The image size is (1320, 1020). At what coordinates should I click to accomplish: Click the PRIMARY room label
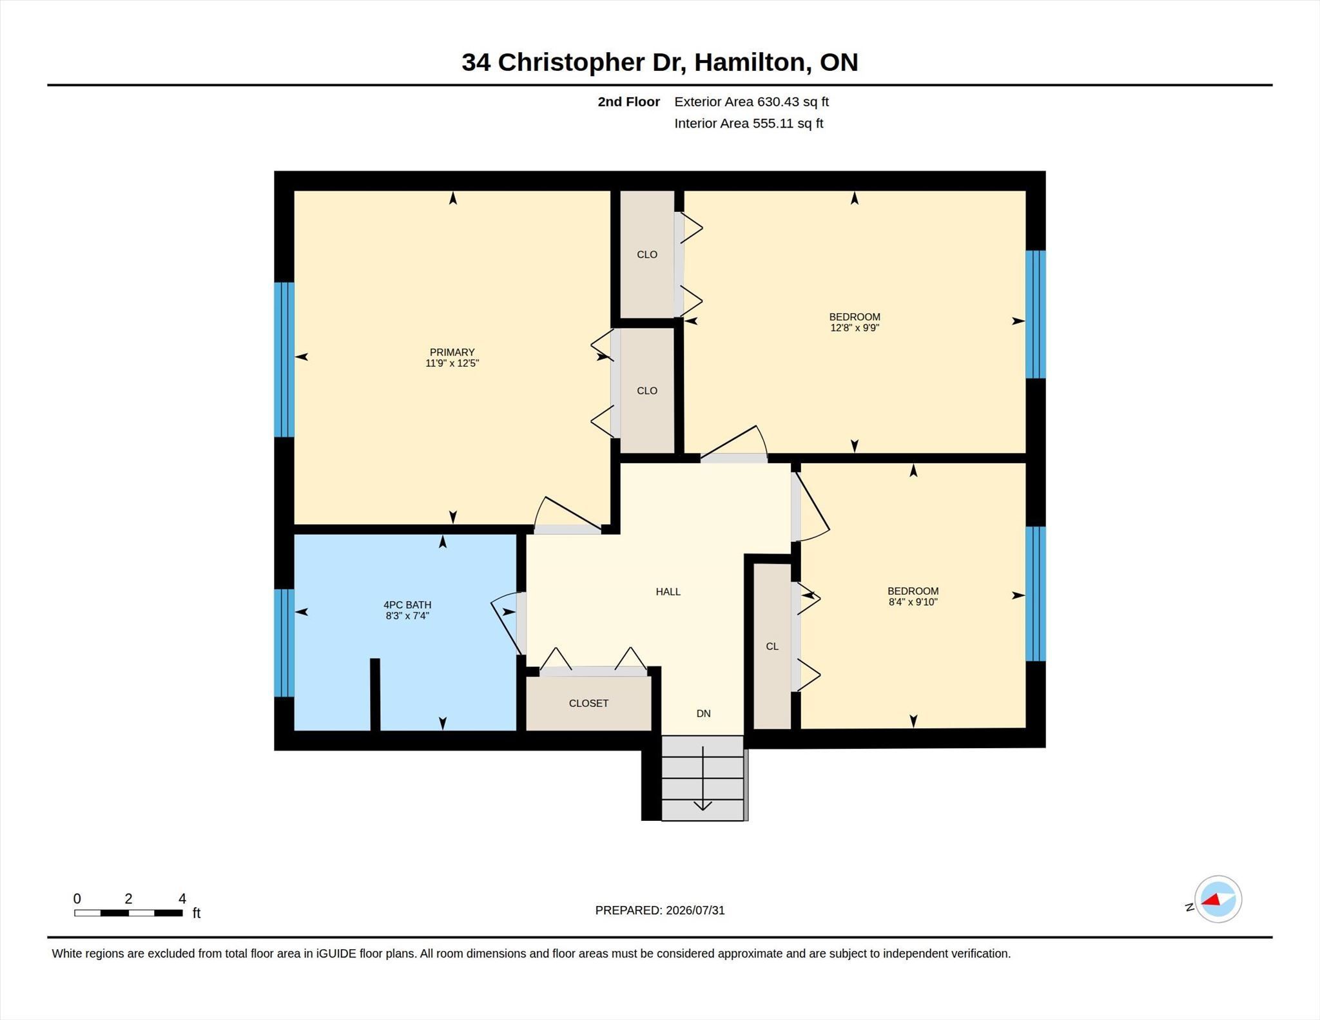pyautogui.click(x=452, y=352)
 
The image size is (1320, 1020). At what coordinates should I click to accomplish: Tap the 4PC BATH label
pyautogui.click(x=407, y=604)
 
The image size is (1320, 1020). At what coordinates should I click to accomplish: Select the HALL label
pyautogui.click(x=668, y=592)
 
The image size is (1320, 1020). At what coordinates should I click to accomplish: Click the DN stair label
pyautogui.click(x=703, y=713)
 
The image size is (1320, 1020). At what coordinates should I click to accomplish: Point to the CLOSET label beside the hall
pyautogui.click(x=588, y=703)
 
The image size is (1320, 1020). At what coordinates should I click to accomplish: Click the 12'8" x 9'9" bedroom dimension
pyautogui.click(x=855, y=327)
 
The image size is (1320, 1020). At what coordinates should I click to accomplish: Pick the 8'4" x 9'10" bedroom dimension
pyautogui.click(x=913, y=602)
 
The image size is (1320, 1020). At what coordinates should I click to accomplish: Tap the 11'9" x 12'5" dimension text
pyautogui.click(x=452, y=363)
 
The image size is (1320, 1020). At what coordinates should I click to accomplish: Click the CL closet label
pyautogui.click(x=772, y=646)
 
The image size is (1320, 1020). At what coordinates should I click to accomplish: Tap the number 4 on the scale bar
pyautogui.click(x=182, y=898)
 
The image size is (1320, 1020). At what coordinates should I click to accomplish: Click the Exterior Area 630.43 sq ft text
pyautogui.click(x=752, y=102)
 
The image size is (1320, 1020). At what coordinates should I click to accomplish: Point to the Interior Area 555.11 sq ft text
pyautogui.click(x=749, y=123)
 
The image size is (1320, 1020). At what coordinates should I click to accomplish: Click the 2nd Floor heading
pyautogui.click(x=628, y=102)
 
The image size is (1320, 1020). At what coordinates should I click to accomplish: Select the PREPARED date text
pyautogui.click(x=660, y=910)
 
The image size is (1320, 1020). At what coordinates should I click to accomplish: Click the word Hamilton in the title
pyautogui.click(x=752, y=62)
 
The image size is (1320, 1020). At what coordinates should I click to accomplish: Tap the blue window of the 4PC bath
pyautogui.click(x=284, y=643)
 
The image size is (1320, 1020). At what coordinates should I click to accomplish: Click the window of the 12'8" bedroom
pyautogui.click(x=1035, y=314)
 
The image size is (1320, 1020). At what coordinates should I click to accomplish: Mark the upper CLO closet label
pyautogui.click(x=647, y=255)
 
